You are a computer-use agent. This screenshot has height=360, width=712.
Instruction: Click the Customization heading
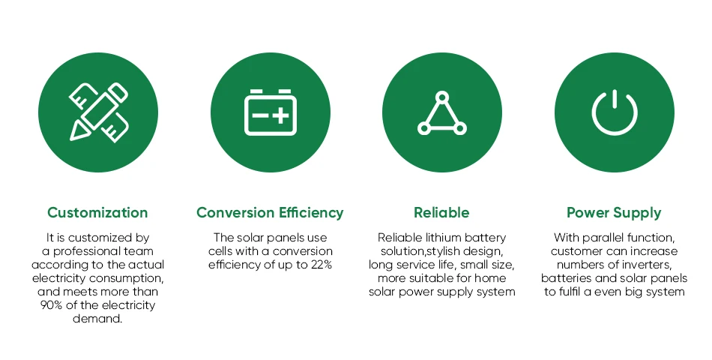[x=97, y=213]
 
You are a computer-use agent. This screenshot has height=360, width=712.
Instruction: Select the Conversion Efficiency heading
[x=270, y=213]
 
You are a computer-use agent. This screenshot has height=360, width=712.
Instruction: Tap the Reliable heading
[x=441, y=213]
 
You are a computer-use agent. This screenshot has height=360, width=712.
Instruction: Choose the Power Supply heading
[x=614, y=213]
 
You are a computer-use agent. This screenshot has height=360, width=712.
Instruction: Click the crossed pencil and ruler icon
[x=98, y=112]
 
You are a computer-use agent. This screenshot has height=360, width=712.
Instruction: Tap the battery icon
[x=270, y=112]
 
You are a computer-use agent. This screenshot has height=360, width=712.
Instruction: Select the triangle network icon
[x=442, y=113]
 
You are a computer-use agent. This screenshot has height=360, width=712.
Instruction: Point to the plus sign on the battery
[x=281, y=115]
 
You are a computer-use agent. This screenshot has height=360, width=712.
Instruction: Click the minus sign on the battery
[x=260, y=115]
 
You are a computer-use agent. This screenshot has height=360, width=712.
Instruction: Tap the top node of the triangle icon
[x=442, y=97]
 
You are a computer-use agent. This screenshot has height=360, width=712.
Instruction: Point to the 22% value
[x=322, y=265]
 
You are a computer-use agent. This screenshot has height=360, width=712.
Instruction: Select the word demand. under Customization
[x=97, y=319]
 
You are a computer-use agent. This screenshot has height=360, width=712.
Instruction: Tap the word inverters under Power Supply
[x=646, y=265]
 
